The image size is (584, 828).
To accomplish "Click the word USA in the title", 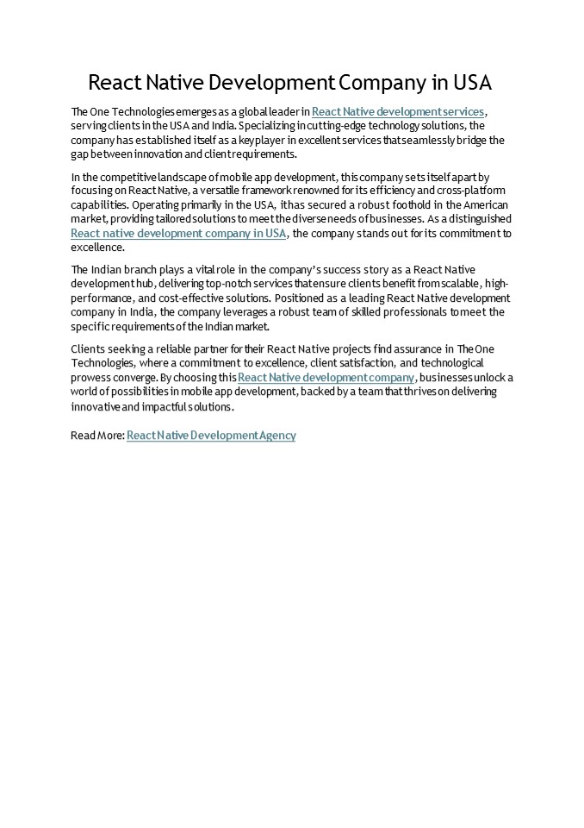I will (470, 83).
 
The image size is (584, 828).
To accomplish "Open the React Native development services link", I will (398, 111).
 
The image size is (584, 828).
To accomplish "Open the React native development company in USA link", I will (178, 233).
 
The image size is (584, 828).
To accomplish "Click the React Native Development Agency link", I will (211, 436).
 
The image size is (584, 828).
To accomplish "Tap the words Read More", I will (96, 436).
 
